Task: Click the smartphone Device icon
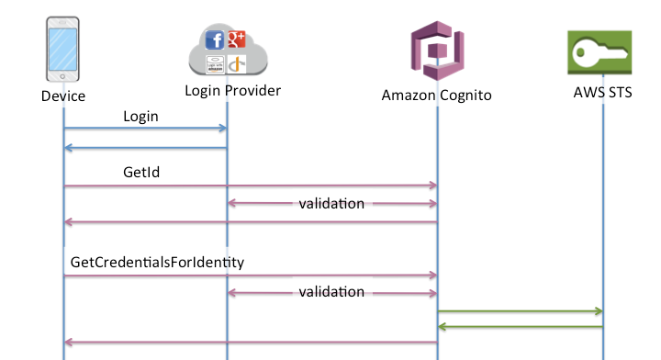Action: (x=63, y=53)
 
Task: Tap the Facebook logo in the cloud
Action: (x=215, y=40)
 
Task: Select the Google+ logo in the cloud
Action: (x=236, y=38)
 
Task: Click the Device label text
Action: (x=63, y=96)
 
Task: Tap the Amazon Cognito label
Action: (x=437, y=95)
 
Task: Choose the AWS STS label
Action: (x=602, y=95)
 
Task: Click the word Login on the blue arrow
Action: (x=140, y=117)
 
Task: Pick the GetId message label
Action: (x=142, y=172)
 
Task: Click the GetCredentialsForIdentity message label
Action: (x=157, y=262)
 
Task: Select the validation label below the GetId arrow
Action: (x=331, y=203)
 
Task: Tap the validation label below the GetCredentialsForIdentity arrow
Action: (x=331, y=292)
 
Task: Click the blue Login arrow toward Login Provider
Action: (x=145, y=129)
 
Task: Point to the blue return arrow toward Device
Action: (x=145, y=147)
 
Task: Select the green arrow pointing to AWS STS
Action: (x=520, y=312)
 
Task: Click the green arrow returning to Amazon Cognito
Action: (x=520, y=326)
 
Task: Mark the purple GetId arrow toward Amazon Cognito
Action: (x=250, y=186)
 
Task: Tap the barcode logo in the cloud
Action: (x=215, y=63)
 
